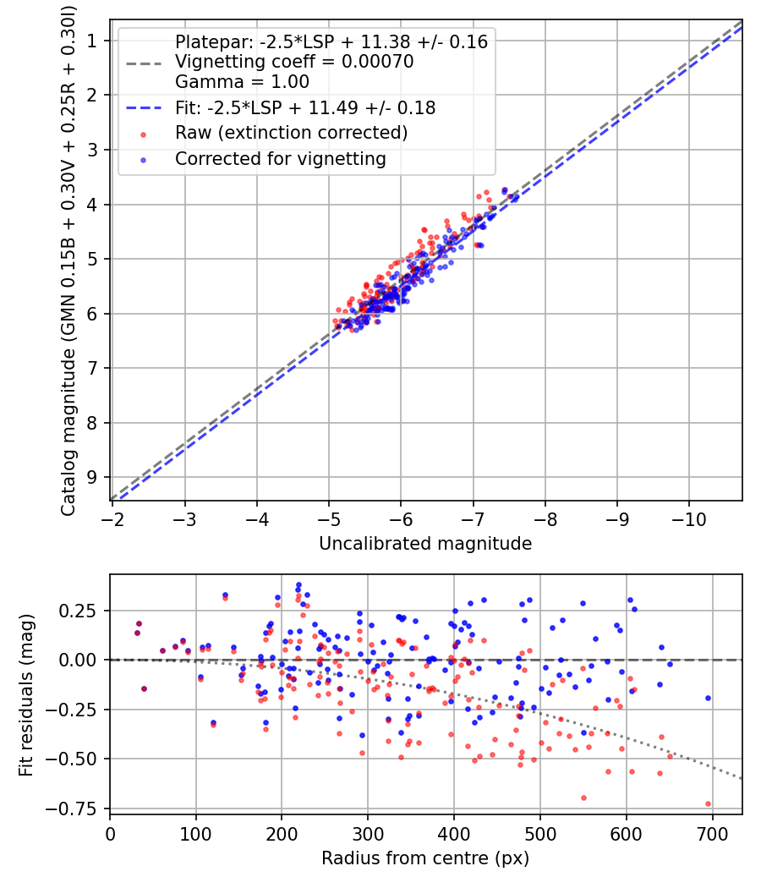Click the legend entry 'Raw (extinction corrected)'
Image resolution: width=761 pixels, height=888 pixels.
pyautogui.click(x=291, y=133)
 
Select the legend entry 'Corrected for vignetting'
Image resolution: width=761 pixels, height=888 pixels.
pyautogui.click(x=280, y=158)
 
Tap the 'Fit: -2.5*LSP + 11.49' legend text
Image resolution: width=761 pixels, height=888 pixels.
pyautogui.click(x=304, y=107)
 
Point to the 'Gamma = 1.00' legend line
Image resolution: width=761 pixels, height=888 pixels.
pyautogui.click(x=241, y=82)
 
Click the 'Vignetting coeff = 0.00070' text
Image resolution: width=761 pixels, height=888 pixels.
pyautogui.click(x=293, y=62)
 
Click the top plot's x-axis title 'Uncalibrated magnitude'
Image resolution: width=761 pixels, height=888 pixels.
pyautogui.click(x=425, y=544)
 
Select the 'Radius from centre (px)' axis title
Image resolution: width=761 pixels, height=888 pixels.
pyautogui.click(x=425, y=858)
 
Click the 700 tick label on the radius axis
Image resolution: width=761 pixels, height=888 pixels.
pyautogui.click(x=712, y=834)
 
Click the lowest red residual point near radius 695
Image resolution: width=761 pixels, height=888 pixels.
pyautogui.click(x=708, y=803)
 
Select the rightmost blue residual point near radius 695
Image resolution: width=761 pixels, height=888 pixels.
pyautogui.click(x=708, y=698)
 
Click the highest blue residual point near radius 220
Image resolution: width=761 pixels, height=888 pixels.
pyautogui.click(x=298, y=584)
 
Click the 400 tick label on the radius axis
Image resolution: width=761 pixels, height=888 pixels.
pyautogui.click(x=454, y=834)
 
